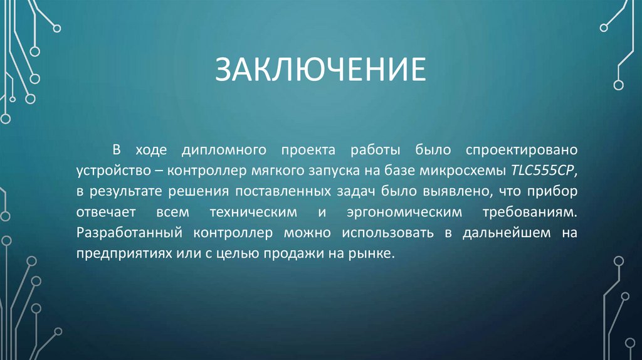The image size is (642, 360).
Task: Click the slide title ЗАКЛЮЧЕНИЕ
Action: click(320, 70)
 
